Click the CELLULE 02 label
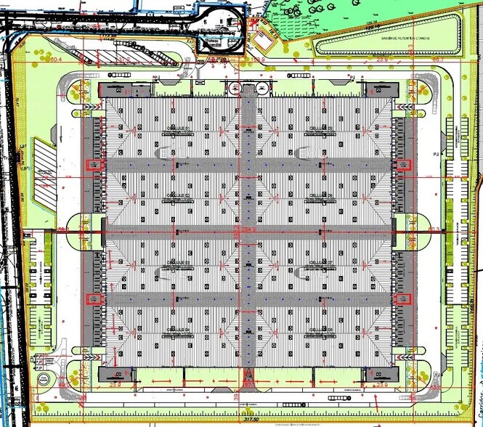click(x=178, y=195)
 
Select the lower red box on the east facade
click(x=399, y=298)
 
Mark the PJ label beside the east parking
click(x=437, y=155)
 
